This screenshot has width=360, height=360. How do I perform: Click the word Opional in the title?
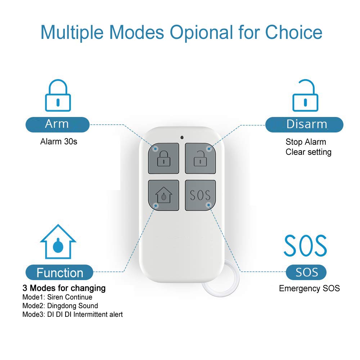pyautogui.click(x=202, y=32)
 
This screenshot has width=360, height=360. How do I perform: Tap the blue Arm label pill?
pyautogui.click(x=57, y=125)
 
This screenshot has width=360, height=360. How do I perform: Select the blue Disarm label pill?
pyautogui.click(x=304, y=125)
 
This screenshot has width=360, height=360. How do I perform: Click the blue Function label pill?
pyautogui.click(x=59, y=273)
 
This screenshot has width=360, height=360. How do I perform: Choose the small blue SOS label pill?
pyautogui.click(x=306, y=272)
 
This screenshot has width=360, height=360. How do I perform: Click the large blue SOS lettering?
pyautogui.click(x=305, y=246)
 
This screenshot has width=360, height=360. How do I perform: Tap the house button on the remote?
pyautogui.click(x=163, y=195)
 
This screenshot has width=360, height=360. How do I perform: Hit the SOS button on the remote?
pyautogui.click(x=200, y=195)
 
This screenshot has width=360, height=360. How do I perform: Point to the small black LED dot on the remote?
pyautogui.click(x=182, y=137)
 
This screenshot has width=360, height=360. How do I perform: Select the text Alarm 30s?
pyautogui.click(x=59, y=141)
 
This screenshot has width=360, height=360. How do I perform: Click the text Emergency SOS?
pyautogui.click(x=309, y=288)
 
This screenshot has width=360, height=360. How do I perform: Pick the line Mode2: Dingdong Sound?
pyautogui.click(x=60, y=306)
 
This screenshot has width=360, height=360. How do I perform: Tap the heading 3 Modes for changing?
pyautogui.click(x=64, y=288)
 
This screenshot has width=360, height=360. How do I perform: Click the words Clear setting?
pyautogui.click(x=308, y=152)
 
